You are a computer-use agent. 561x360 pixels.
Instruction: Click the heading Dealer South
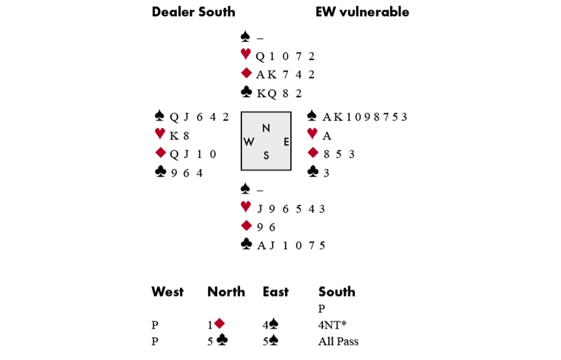coord(194,12)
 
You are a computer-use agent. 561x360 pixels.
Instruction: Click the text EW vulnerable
coord(362,12)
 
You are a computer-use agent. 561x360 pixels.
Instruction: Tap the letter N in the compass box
coord(266,128)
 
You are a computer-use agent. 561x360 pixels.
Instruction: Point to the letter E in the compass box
coord(286,142)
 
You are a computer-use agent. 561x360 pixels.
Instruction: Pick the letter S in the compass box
coord(266,156)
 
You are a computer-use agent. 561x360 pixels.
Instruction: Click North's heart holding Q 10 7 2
coord(285,56)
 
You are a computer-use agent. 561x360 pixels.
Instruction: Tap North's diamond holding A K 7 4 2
coord(285,75)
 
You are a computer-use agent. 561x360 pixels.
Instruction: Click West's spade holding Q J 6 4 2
coord(199,117)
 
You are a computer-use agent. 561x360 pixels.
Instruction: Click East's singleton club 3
coord(325,173)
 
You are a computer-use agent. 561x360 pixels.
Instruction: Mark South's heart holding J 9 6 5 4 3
coord(291,209)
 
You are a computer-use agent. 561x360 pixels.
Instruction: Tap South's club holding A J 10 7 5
coord(291,246)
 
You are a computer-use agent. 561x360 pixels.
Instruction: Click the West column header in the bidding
coord(167,292)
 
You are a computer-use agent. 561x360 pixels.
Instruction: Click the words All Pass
coord(338,341)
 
